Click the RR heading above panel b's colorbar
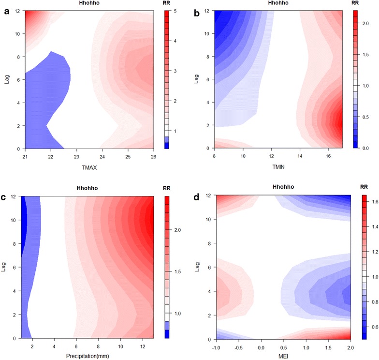(359, 3)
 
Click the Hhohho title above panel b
(277, 3)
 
